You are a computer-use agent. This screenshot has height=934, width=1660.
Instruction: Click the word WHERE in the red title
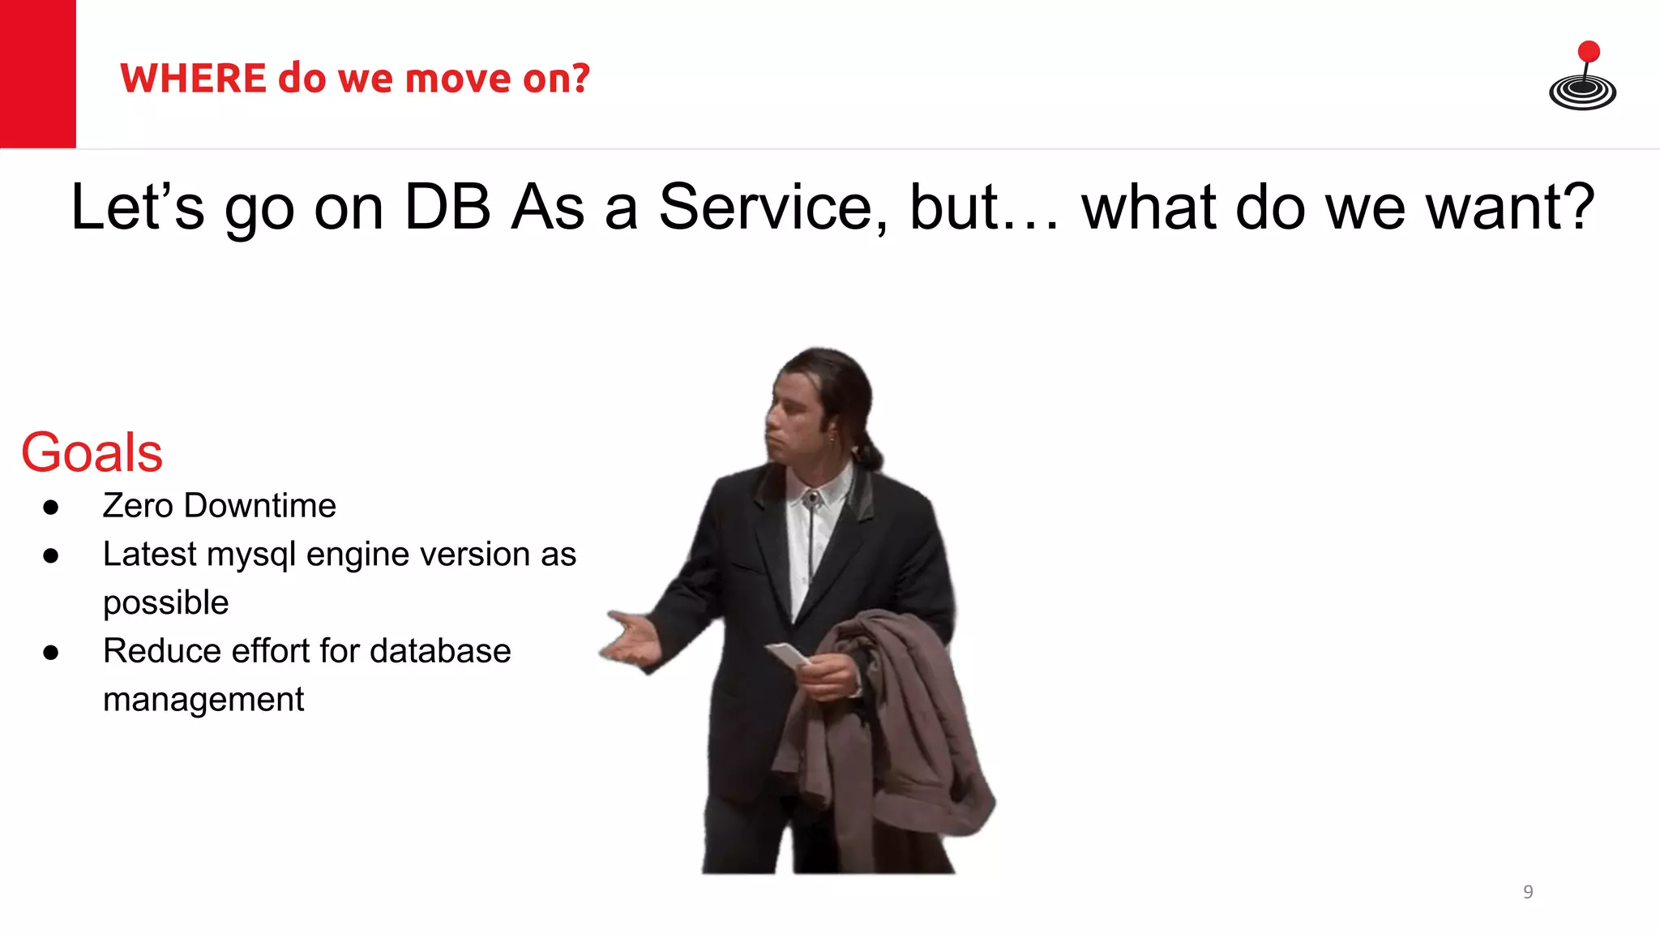193,79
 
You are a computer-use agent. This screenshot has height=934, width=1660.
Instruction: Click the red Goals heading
92,452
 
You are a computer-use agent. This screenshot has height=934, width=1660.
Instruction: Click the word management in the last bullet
203,700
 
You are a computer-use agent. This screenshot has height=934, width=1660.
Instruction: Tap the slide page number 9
1528,892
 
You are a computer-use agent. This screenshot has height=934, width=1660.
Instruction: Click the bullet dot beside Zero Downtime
51,508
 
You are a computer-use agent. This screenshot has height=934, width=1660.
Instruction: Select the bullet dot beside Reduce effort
51,653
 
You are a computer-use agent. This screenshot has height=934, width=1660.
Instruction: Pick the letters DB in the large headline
447,208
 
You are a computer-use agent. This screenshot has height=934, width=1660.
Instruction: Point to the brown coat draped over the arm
900,730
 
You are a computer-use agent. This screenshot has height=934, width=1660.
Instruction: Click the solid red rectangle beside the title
37,74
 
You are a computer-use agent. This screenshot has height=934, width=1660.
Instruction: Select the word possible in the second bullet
165,603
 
